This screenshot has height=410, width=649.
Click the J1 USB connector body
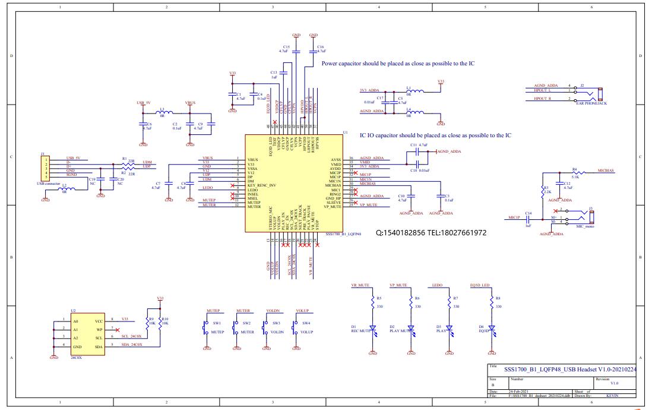(x=44, y=168)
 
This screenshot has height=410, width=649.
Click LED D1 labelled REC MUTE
(x=373, y=328)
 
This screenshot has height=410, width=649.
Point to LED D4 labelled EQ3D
(x=492, y=328)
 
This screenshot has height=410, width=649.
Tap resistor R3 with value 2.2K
(x=543, y=191)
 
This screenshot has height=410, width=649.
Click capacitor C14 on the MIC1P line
(x=528, y=218)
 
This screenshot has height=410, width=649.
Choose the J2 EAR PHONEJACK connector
(x=600, y=94)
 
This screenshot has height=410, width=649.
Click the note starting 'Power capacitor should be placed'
(x=397, y=63)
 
